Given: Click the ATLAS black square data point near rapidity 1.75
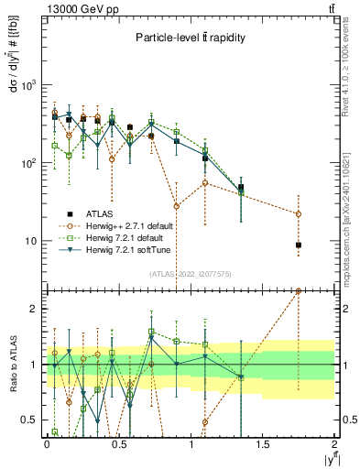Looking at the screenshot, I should [299, 245].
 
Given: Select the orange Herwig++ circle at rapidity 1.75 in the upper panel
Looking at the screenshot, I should [299, 214].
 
